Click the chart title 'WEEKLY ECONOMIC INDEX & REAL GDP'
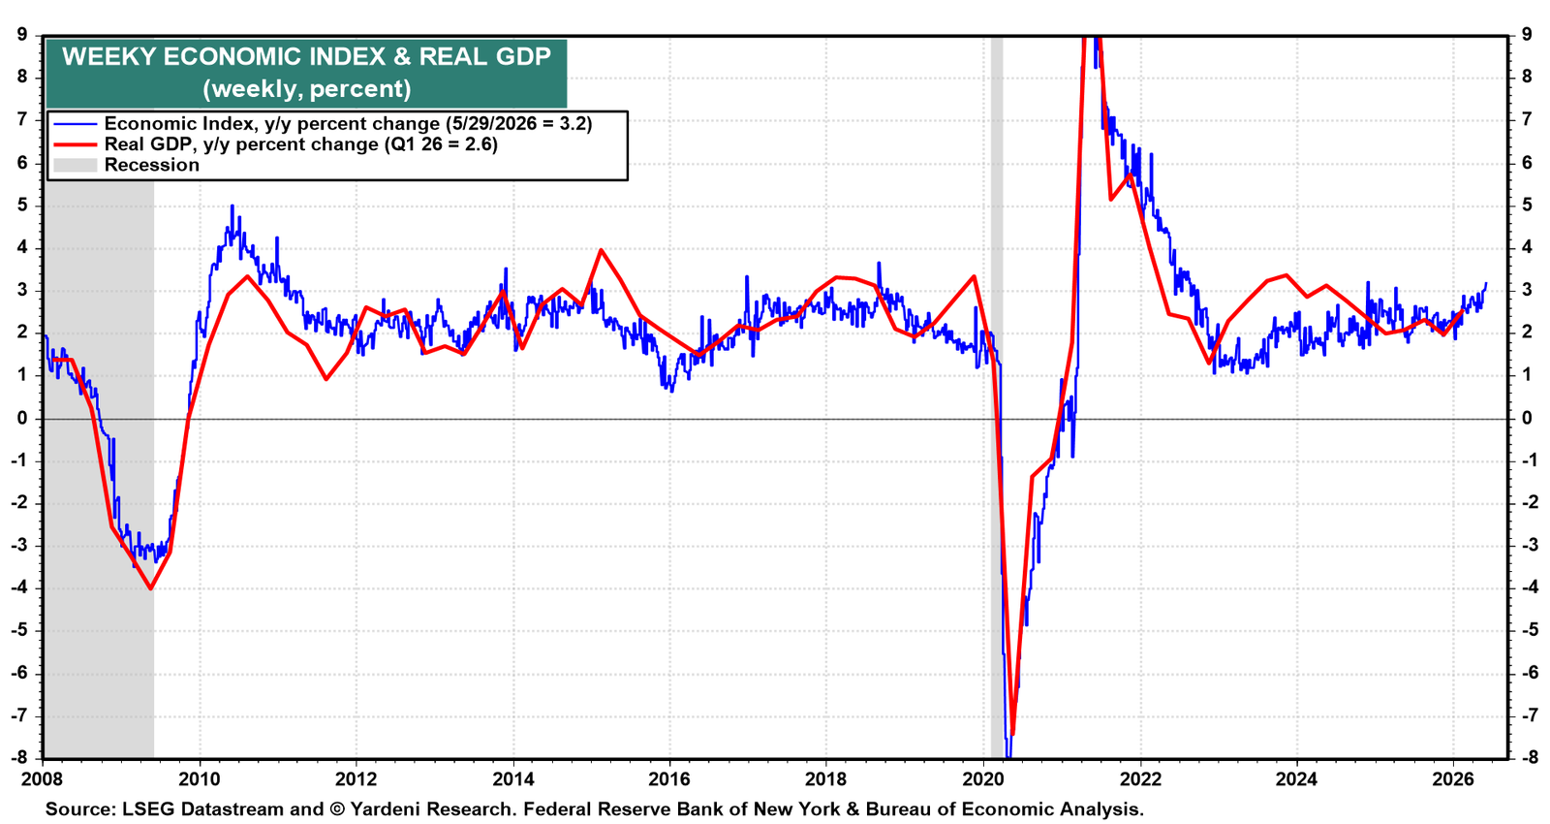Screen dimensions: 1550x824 tap(306, 57)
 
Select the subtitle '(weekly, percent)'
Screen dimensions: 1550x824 tap(306, 88)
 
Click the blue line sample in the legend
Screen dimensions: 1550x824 tap(76, 124)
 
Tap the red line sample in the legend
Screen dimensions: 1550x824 tap(76, 144)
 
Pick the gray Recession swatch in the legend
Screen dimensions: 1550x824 tap(76, 165)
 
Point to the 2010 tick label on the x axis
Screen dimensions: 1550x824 tap(200, 779)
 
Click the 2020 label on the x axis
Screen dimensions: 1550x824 tap(983, 779)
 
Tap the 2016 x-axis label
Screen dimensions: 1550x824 tap(669, 779)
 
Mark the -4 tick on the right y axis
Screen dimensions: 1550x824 tap(1525, 587)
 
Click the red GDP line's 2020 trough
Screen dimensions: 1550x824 tap(1012, 733)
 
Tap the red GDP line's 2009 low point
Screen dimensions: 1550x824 tap(151, 588)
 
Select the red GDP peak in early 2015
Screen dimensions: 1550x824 tap(601, 250)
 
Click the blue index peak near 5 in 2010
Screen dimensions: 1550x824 tap(232, 206)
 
